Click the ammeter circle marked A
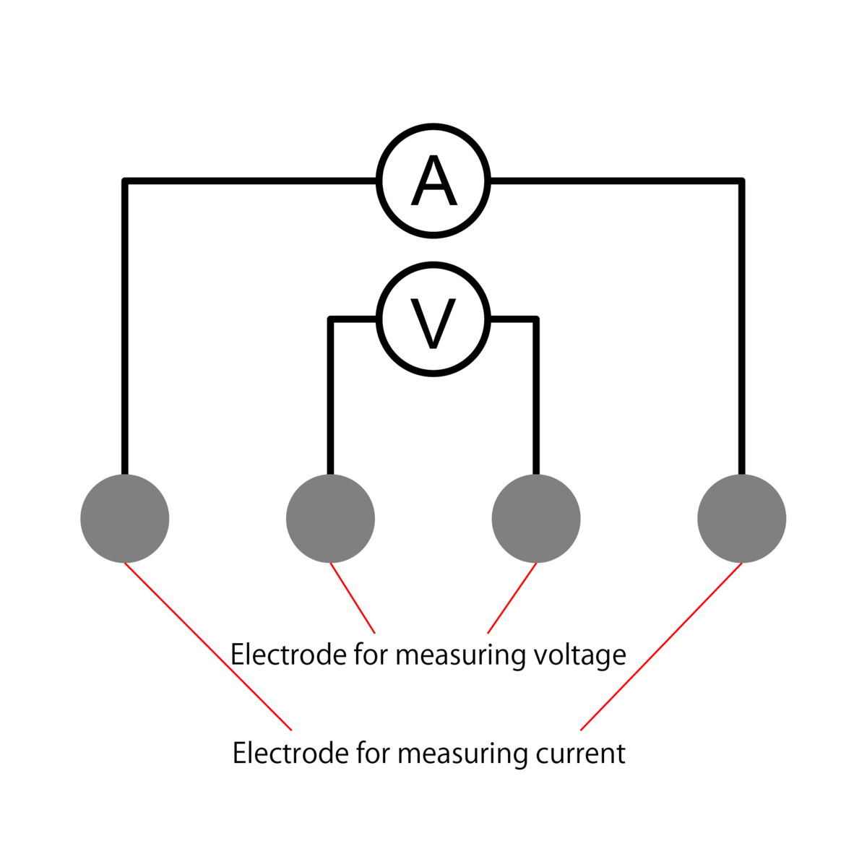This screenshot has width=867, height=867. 433,181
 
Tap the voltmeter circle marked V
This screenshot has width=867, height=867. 433,319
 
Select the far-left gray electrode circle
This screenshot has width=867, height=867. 125,518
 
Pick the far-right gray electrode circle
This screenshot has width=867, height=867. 742,518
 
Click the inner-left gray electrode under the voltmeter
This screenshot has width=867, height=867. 330,518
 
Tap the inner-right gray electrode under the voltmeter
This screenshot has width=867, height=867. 536,518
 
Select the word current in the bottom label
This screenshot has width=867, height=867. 580,754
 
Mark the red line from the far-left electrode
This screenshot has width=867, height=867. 208,646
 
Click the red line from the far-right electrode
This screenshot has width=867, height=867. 661,647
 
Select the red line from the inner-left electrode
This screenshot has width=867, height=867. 353,598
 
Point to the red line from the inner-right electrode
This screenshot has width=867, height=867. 512,598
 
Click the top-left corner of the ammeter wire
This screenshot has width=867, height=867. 125,181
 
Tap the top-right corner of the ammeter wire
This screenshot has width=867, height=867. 742,181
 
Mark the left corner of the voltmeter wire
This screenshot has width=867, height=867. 330,319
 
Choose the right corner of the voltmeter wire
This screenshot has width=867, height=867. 536,319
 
